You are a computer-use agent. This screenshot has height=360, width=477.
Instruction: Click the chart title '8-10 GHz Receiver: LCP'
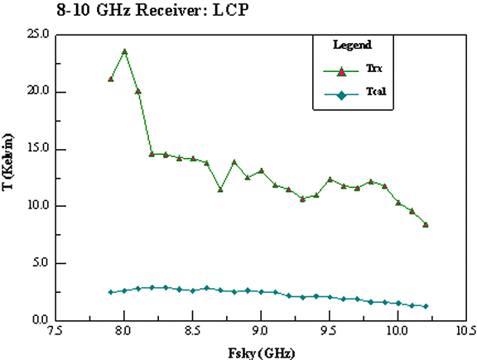[x=152, y=10]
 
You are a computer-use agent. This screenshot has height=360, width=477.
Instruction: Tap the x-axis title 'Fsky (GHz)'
[x=262, y=353]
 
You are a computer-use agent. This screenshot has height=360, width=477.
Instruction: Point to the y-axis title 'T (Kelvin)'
[x=7, y=161]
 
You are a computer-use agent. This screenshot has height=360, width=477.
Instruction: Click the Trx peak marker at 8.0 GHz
[x=124, y=51]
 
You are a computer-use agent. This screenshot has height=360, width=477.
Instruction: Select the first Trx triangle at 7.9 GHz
[x=111, y=79]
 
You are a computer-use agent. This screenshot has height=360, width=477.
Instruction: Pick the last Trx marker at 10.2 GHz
[x=426, y=225]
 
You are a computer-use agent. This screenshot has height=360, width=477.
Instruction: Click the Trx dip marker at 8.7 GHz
[x=220, y=190]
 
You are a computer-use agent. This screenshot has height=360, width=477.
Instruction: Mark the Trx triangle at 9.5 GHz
[x=330, y=180]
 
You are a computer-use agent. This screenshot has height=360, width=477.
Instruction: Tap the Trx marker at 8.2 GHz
[x=152, y=154]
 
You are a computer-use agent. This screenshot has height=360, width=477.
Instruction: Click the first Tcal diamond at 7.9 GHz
[x=111, y=292]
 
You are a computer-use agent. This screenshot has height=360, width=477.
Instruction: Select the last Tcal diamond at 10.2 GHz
[x=426, y=306]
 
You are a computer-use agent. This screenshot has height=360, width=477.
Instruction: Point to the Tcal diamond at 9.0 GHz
[x=262, y=292]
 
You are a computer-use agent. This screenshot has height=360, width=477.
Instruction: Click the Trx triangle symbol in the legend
[x=342, y=72]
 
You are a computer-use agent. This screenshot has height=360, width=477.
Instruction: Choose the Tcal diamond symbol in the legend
[x=342, y=96]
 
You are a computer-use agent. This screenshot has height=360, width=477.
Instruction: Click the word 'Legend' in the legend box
[x=352, y=45]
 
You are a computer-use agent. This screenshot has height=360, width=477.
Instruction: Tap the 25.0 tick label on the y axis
[x=38, y=33]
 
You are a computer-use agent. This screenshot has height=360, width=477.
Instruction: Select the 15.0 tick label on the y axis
[x=38, y=148]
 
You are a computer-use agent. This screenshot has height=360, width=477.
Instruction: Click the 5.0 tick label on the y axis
[x=41, y=262]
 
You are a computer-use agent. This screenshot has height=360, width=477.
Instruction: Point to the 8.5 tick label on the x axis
[x=193, y=331]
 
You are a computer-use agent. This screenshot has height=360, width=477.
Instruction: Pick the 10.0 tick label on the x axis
[x=397, y=331]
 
